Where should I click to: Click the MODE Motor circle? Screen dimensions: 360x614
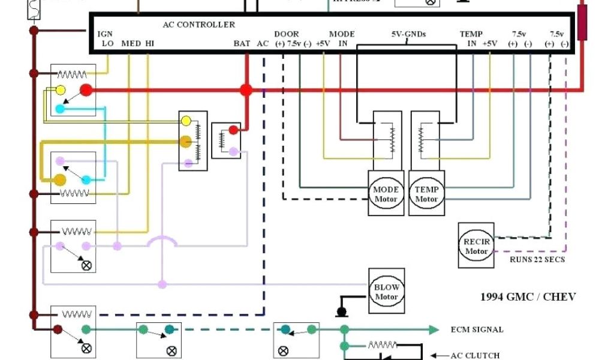(x=386, y=194)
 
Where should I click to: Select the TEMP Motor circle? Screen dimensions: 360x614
(x=426, y=194)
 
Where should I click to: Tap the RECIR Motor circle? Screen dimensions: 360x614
(x=477, y=247)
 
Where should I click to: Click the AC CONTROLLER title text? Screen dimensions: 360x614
(x=199, y=25)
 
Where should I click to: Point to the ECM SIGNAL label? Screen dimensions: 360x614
(x=477, y=329)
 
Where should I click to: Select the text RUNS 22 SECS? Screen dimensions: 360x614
(x=537, y=259)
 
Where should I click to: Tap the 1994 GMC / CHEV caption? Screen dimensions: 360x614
(x=528, y=296)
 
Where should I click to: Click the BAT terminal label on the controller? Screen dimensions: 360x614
(x=242, y=43)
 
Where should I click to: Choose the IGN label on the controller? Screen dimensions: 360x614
(x=105, y=34)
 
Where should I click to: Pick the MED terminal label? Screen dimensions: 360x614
(x=131, y=43)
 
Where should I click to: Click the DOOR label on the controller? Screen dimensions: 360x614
(x=287, y=34)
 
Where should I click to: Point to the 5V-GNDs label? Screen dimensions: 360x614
(x=408, y=34)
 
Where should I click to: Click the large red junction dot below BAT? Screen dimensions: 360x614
(x=246, y=91)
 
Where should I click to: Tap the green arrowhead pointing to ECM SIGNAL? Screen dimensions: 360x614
(x=434, y=329)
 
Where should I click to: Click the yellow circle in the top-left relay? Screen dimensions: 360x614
(x=61, y=91)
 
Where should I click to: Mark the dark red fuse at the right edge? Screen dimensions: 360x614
(x=582, y=23)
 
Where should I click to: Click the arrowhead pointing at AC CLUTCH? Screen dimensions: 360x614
(x=435, y=355)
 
